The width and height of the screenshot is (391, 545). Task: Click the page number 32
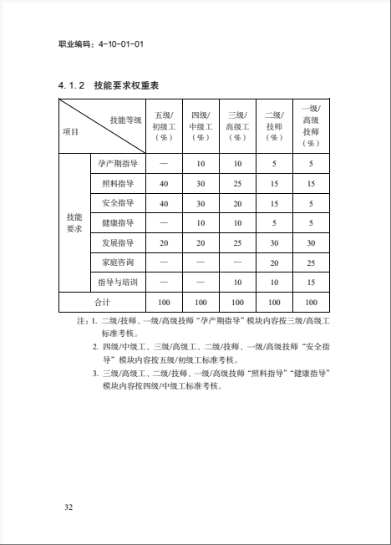click(x=69, y=507)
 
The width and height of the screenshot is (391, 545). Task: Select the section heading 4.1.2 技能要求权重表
click(x=109, y=85)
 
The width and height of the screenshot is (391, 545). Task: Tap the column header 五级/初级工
click(x=164, y=125)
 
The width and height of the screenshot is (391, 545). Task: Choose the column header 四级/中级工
click(x=201, y=125)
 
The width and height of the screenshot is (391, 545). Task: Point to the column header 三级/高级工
click(x=237, y=125)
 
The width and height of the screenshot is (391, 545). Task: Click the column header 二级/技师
click(x=273, y=125)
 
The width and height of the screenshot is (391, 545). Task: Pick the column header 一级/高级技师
click(x=311, y=125)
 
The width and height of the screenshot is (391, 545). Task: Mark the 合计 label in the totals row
click(x=101, y=302)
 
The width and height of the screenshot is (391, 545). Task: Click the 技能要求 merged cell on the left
click(x=74, y=222)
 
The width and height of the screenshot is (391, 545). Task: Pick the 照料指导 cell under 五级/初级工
click(x=164, y=184)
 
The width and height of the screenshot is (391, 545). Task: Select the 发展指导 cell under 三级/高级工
click(x=237, y=242)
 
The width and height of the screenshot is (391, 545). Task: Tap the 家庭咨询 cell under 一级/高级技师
click(x=311, y=262)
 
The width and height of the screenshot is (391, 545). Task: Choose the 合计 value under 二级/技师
click(x=273, y=302)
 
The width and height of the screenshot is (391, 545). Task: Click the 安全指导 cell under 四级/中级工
click(x=201, y=203)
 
